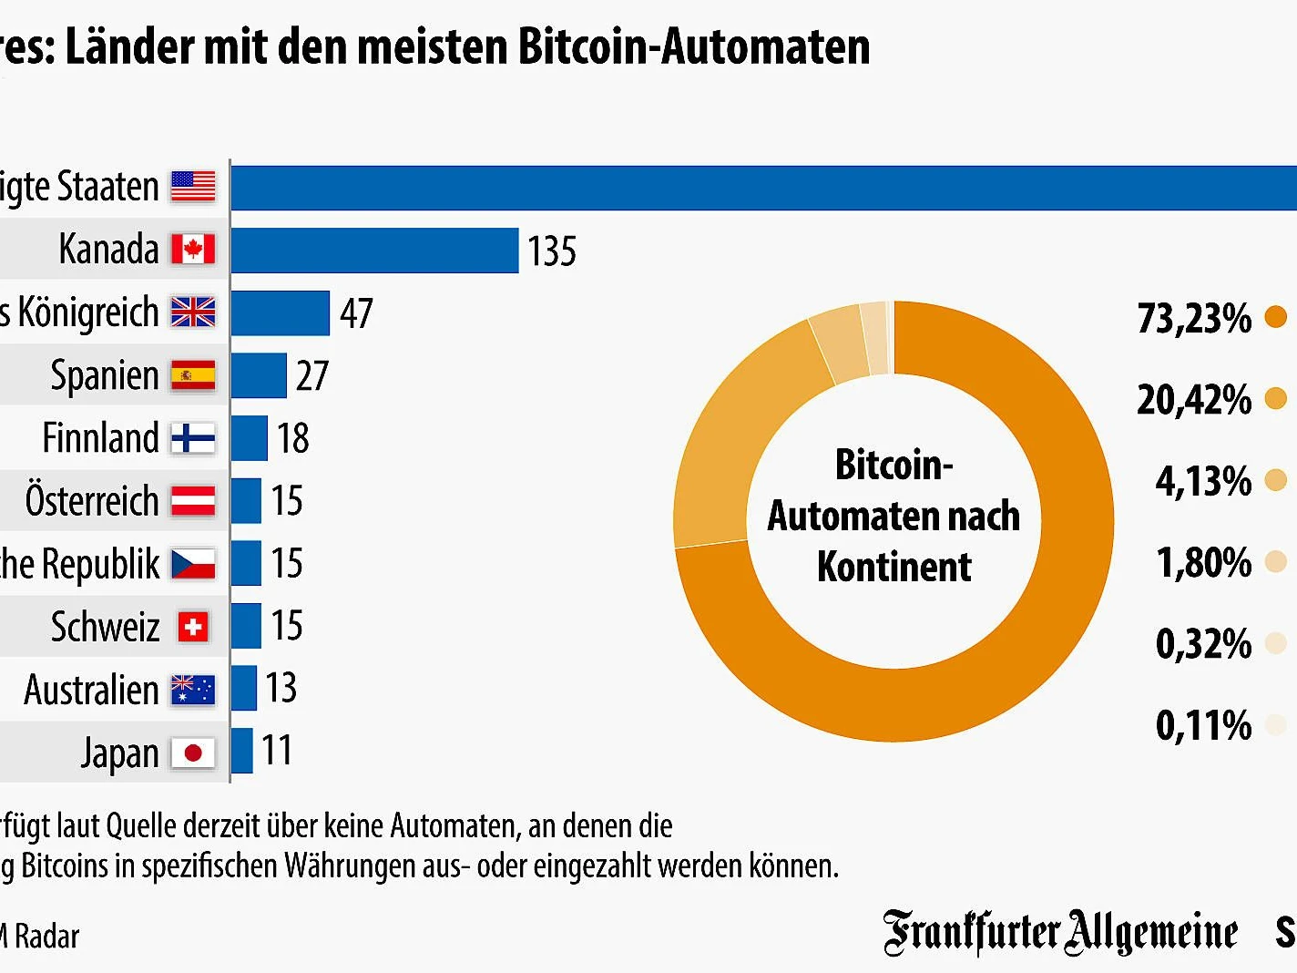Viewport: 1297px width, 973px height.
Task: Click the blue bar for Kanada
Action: (x=374, y=251)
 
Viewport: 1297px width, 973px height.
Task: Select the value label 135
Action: (x=551, y=251)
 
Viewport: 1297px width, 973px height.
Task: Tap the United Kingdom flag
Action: (x=193, y=312)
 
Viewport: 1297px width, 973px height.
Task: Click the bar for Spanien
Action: (x=259, y=375)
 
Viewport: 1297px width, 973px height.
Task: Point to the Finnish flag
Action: (x=193, y=438)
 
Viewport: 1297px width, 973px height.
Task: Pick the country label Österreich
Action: (x=92, y=501)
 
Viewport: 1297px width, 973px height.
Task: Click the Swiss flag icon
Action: (x=193, y=627)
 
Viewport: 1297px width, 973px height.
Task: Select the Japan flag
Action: (x=193, y=753)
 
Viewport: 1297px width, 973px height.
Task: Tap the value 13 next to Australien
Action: (x=281, y=688)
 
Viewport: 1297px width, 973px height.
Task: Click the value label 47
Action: (x=356, y=313)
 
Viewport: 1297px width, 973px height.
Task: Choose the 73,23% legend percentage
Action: (x=1194, y=319)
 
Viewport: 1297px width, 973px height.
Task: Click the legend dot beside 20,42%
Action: (x=1276, y=398)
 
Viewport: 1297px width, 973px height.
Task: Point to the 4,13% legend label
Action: (x=1203, y=481)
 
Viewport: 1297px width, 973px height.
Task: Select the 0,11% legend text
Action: (x=1203, y=726)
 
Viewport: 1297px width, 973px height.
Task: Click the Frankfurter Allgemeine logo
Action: (x=1060, y=932)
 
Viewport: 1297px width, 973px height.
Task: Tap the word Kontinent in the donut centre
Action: (x=894, y=567)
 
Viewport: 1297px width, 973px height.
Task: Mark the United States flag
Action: (x=193, y=187)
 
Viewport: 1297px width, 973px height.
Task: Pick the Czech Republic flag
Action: (x=193, y=564)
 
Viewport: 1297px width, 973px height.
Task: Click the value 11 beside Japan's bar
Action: (x=276, y=751)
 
